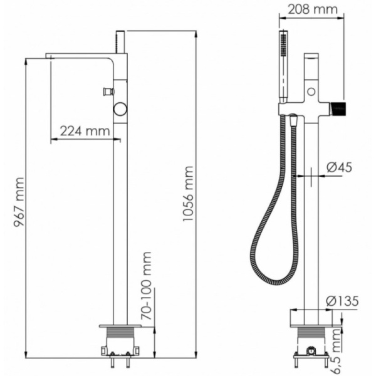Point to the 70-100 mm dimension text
click(147, 283)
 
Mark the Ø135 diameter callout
click(342, 301)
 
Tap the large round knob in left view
click(120, 110)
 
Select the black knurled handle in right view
click(338, 108)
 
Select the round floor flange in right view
click(310, 316)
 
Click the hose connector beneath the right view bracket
click(293, 118)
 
